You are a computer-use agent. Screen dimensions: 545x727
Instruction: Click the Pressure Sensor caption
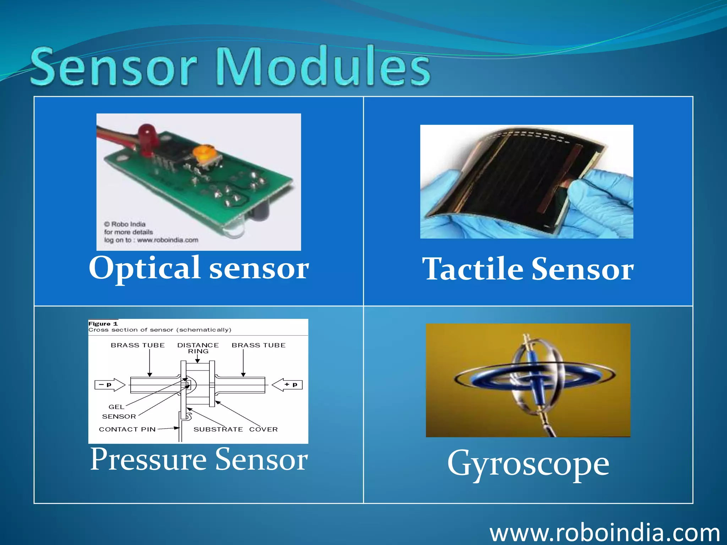click(x=199, y=459)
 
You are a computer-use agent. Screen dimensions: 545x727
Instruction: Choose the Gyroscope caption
click(x=528, y=463)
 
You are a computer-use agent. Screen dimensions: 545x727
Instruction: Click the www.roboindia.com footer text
click(x=604, y=532)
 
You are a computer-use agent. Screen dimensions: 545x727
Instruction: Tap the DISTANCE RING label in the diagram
click(x=198, y=348)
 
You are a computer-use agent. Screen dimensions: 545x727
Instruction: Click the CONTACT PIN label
click(x=127, y=429)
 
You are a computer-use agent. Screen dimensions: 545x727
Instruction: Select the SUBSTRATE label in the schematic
click(x=218, y=429)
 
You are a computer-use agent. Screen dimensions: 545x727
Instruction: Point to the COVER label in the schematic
click(x=263, y=429)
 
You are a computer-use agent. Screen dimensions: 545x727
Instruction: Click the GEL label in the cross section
click(x=116, y=407)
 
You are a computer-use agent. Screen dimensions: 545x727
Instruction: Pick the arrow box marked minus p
click(x=109, y=385)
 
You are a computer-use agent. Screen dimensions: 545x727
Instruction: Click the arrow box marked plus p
click(x=288, y=385)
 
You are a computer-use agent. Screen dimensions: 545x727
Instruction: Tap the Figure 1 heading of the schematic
click(x=103, y=324)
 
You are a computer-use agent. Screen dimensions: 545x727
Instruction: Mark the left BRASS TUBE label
click(x=138, y=345)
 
